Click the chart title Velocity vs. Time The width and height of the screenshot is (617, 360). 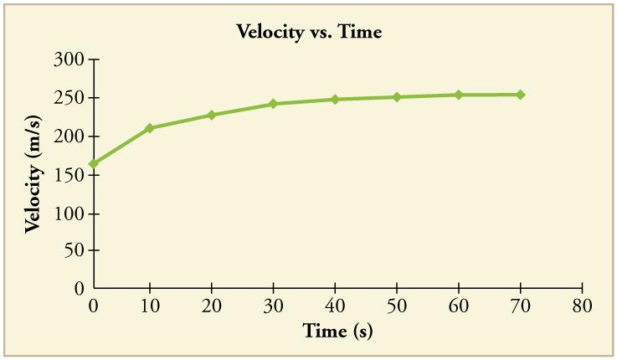click(309, 33)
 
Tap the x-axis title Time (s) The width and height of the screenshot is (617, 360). click(337, 331)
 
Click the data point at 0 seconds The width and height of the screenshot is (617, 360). click(93, 163)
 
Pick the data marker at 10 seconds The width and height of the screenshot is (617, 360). click(150, 128)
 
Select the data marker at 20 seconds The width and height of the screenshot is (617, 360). click(212, 115)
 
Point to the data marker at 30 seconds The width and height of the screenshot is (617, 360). click(273, 104)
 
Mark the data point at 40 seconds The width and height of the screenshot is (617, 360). click(335, 99)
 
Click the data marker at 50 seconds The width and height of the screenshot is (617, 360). click(397, 97)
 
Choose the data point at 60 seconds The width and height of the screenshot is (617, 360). click(459, 95)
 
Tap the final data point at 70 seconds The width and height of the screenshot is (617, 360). click(520, 95)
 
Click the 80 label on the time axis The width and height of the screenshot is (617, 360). click(582, 306)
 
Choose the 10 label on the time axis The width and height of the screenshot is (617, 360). click(150, 306)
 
